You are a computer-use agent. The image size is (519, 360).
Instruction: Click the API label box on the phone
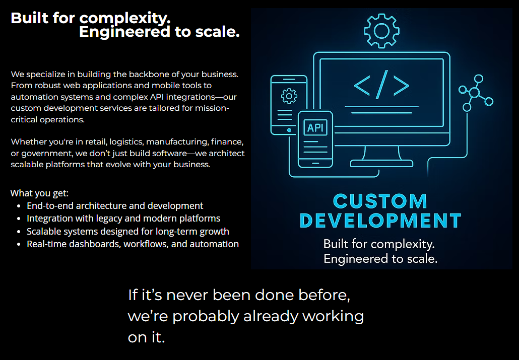click(315, 127)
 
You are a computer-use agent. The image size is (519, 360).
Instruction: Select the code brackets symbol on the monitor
click(381, 86)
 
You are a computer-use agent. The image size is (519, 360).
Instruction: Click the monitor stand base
click(381, 163)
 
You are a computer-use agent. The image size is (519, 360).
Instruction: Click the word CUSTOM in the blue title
click(380, 201)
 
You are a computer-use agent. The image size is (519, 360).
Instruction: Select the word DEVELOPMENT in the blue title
click(380, 221)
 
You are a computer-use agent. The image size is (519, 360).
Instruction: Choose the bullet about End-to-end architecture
click(115, 206)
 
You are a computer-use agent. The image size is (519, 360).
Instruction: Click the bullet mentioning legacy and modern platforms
click(123, 219)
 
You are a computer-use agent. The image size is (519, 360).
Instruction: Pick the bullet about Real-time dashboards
click(133, 244)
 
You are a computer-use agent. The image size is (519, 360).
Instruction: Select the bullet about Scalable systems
click(128, 231)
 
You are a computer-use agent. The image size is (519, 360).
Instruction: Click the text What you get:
click(39, 193)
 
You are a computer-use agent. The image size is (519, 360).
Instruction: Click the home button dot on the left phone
click(289, 130)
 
